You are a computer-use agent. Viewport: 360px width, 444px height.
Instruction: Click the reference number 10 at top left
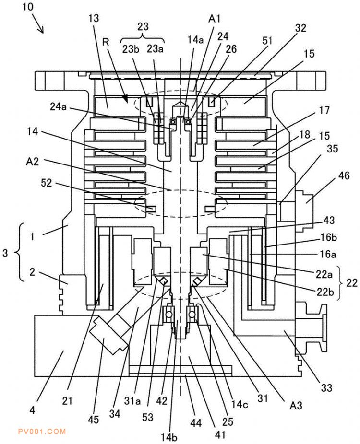pyautogui.click(x=28, y=7)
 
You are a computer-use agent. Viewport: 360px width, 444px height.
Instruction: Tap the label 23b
pyautogui.click(x=131, y=49)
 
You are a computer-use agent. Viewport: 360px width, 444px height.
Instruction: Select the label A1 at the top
pyautogui.click(x=214, y=19)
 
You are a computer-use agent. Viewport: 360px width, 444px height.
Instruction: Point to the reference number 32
pyautogui.click(x=300, y=28)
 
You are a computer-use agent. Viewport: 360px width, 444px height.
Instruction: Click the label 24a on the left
pyautogui.click(x=59, y=106)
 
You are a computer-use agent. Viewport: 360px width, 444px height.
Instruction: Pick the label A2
pyautogui.click(x=32, y=162)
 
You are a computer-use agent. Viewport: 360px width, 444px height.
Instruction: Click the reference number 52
pyautogui.click(x=47, y=183)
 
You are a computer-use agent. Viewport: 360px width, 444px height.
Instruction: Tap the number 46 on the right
pyautogui.click(x=344, y=175)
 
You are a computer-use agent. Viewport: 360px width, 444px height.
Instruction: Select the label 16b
pyautogui.click(x=328, y=237)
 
